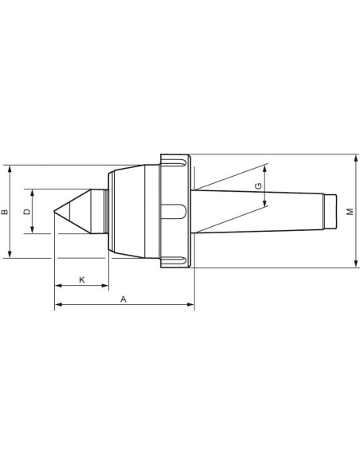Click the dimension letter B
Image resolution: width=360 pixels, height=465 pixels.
pyautogui.click(x=5, y=212)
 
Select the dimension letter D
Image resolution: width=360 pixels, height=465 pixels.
pyautogui.click(x=27, y=212)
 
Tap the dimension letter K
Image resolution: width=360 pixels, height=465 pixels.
pyautogui.click(x=82, y=279)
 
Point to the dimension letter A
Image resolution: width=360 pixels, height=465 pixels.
pyautogui.click(x=123, y=299)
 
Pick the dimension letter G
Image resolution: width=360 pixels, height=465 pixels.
pyautogui.click(x=259, y=186)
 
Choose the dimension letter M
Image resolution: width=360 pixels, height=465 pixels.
pyautogui.click(x=350, y=212)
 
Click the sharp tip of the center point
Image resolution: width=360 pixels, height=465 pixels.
pyautogui.click(x=54, y=212)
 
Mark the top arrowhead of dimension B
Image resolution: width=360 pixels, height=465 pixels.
pyautogui.click(x=10, y=169)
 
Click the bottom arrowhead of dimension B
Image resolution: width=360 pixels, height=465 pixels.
pyautogui.click(x=10, y=254)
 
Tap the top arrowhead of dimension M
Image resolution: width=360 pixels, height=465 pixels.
pyautogui.click(x=356, y=158)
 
